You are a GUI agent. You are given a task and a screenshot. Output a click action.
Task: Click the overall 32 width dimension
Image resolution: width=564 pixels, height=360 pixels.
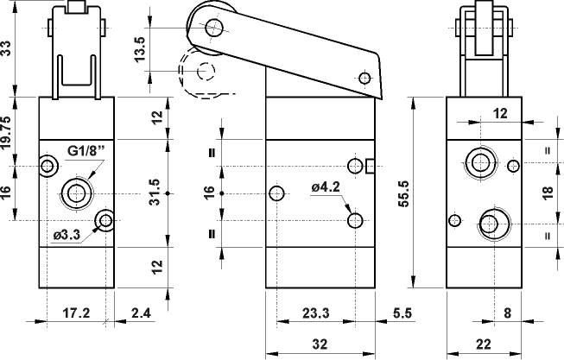point(320,344)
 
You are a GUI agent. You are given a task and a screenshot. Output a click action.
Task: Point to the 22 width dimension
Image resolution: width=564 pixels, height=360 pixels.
point(482,344)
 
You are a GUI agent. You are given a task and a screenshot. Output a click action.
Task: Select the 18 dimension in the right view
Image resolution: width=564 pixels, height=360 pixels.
point(546,193)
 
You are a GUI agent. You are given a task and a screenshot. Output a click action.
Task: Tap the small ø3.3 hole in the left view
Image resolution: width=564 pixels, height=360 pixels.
point(106,221)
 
